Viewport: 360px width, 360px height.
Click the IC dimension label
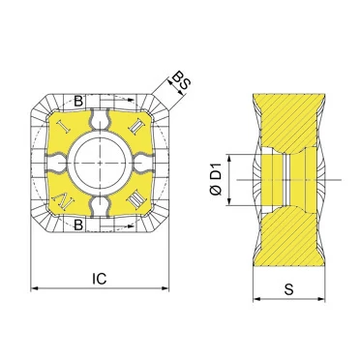coord(99,278)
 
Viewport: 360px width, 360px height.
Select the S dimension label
coord(289,289)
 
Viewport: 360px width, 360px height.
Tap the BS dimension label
coord(181,81)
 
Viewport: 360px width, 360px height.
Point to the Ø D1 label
coord(216,180)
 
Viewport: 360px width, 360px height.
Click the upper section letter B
coord(78,102)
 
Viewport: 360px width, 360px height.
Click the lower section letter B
coord(78,225)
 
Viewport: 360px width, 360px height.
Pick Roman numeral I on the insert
coord(63,126)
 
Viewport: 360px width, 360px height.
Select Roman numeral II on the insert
coord(135,126)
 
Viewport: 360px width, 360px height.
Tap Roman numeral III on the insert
coord(135,200)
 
